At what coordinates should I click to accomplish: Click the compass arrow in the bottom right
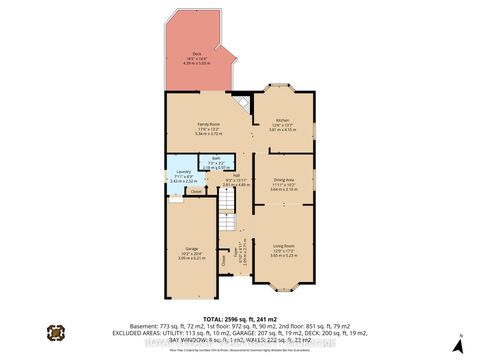[x=457, y=334]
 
